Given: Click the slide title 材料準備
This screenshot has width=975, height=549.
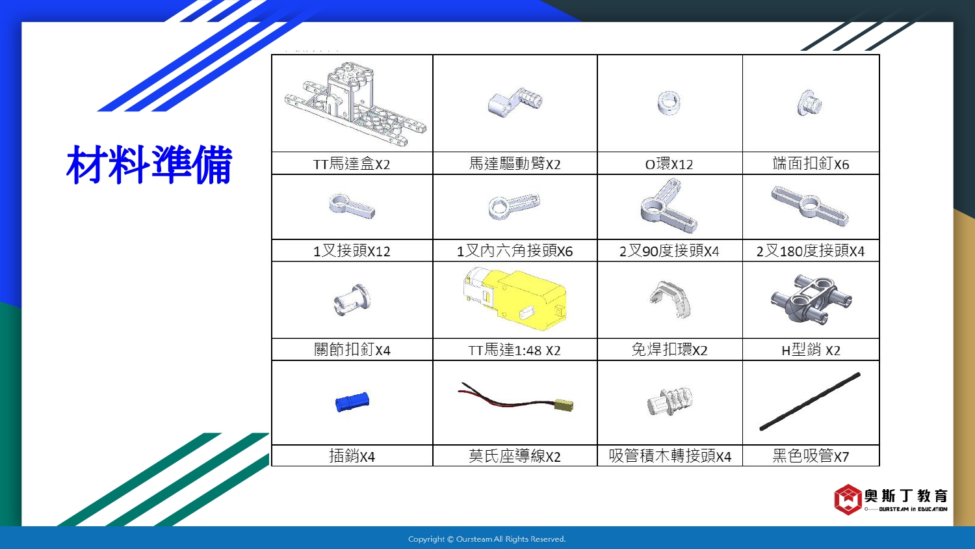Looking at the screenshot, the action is [149, 165].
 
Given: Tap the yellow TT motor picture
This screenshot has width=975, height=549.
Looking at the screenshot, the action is [515, 299].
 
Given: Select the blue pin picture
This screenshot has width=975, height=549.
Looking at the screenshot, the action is [352, 402].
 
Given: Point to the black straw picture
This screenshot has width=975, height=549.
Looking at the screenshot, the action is [810, 401].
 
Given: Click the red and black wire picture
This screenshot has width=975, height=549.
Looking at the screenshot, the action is [515, 397].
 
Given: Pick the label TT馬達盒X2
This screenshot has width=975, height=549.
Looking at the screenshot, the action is [352, 165].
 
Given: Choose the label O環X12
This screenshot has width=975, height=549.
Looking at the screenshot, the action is [669, 165].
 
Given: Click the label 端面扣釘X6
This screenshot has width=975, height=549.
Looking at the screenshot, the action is [811, 164].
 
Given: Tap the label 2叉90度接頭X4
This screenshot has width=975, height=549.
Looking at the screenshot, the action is [669, 251].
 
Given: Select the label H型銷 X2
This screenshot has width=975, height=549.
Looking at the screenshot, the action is [811, 350].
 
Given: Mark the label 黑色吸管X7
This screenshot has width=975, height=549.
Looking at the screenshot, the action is [811, 456].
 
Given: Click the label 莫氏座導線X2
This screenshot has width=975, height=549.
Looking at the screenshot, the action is [515, 456].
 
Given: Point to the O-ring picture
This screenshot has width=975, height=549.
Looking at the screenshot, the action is [669, 103].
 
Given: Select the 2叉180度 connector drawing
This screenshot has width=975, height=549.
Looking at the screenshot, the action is [810, 205].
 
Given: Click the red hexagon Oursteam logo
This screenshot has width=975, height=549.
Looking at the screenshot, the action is [848, 500].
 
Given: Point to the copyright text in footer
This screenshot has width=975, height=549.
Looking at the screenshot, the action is [487, 539].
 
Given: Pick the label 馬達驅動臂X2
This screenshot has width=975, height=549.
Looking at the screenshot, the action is [515, 164].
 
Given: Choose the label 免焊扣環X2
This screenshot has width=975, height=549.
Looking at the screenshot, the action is [669, 350].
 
